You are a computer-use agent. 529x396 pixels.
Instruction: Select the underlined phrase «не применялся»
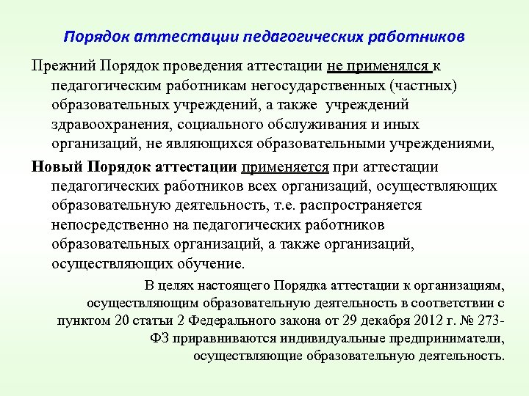[x=379, y=66]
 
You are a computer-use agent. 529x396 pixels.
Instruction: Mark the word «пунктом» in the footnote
[x=82, y=320]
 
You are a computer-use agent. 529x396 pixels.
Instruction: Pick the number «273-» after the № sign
[x=490, y=320]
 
